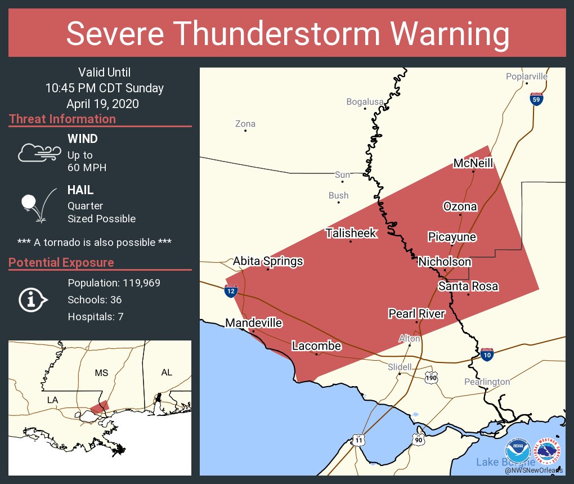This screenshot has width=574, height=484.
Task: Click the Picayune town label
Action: point(452,237)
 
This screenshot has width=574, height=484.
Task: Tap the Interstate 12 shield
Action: point(231,291)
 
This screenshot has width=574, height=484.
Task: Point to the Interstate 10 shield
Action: point(487,355)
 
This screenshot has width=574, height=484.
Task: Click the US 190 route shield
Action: point(431,377)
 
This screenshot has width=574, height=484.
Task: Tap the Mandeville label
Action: point(254,323)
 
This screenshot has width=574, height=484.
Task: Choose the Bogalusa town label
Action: point(365,102)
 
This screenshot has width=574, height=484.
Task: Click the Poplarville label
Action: point(526,77)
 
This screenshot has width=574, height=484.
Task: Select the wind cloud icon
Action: point(38,152)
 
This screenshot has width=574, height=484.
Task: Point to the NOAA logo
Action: point(518,451)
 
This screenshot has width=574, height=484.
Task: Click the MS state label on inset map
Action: point(101,373)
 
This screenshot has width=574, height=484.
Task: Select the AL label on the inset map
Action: point(167,373)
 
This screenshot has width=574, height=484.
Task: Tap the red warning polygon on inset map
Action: point(100,407)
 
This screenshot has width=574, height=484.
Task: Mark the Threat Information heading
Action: point(62,119)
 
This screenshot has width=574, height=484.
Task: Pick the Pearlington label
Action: point(487,382)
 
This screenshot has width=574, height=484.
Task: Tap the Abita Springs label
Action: point(268,261)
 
